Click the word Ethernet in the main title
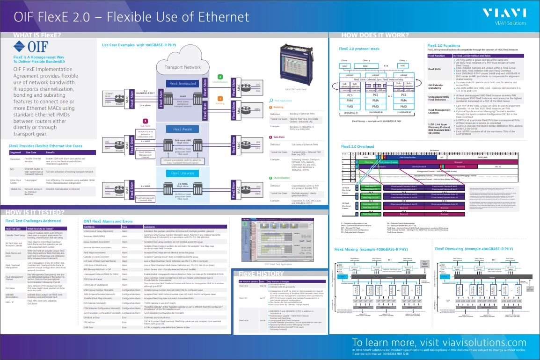[215, 17]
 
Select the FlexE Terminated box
[181, 83]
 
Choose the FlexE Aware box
[183, 129]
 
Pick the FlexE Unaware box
[183, 173]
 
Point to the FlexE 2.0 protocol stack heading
[358, 49]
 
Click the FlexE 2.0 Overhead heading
[357, 146]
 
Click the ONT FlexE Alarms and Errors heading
[108, 221]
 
